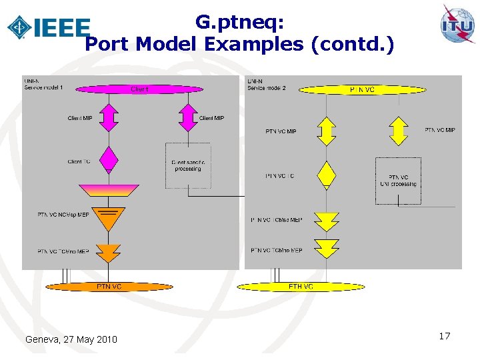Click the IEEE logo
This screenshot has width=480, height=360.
coord(48,27)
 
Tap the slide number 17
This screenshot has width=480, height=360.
coord(445,336)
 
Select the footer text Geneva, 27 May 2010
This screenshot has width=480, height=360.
coord(71,339)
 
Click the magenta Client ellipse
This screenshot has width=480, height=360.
coord(139,89)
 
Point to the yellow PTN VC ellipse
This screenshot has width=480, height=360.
coord(363,89)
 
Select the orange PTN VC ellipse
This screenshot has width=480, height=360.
coord(109,286)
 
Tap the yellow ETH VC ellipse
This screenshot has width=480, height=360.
coord(301,287)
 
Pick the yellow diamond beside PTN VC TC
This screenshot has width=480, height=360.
coord(326,175)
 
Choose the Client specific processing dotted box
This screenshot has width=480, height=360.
coord(187,165)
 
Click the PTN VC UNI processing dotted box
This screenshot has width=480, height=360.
coord(398,180)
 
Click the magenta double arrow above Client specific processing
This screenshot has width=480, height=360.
coord(189,117)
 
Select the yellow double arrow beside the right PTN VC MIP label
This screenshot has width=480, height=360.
coord(398,131)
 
